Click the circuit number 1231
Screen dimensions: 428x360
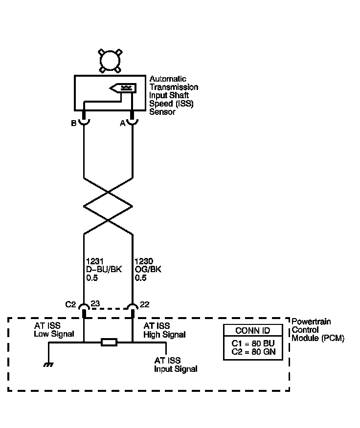(95, 261)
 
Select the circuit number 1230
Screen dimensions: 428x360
(144, 261)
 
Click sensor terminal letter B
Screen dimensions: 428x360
(73, 124)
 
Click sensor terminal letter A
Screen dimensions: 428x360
(123, 124)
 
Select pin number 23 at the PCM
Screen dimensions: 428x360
(95, 303)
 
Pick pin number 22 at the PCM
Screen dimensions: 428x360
(144, 304)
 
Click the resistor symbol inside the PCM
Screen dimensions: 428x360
(109, 342)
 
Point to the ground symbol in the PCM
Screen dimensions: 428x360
(48, 364)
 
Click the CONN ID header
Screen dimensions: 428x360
(253, 331)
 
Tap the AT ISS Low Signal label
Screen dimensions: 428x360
(54, 330)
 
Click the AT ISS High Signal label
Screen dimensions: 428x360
(164, 330)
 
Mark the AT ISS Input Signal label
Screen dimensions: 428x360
(176, 364)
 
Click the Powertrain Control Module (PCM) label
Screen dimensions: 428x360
(317, 330)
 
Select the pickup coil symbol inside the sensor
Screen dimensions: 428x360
(123, 88)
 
